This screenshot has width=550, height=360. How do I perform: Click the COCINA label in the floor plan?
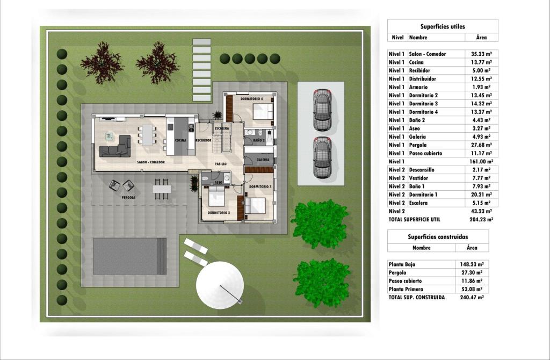pyautogui.click(x=180, y=140)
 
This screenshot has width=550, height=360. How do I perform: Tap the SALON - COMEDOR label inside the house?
pyautogui.click(x=150, y=162)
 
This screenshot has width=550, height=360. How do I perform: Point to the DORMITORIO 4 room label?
pyautogui.click(x=251, y=99)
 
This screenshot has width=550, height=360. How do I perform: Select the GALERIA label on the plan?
pyautogui.click(x=263, y=160)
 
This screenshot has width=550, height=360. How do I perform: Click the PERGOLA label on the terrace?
pyautogui.click(x=128, y=198)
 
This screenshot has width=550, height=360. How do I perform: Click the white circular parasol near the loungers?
pyautogui.click(x=220, y=285)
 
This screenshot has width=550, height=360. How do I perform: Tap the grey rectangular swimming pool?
pyautogui.click(x=130, y=256)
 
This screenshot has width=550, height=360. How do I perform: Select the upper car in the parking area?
pyautogui.click(x=322, y=110)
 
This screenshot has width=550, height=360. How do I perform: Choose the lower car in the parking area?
pyautogui.click(x=322, y=157)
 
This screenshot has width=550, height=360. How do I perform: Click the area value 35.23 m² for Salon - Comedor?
pyautogui.click(x=481, y=54)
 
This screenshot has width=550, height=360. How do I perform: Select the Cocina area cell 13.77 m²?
pyautogui.click(x=481, y=62)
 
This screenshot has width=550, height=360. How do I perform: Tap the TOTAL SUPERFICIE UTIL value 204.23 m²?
pyautogui.click(x=481, y=220)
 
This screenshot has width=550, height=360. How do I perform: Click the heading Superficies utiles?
pyautogui.click(x=443, y=27)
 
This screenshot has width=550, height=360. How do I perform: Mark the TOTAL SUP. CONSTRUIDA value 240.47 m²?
pyautogui.click(x=472, y=298)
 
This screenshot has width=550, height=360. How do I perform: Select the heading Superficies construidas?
pyautogui.click(x=438, y=237)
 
